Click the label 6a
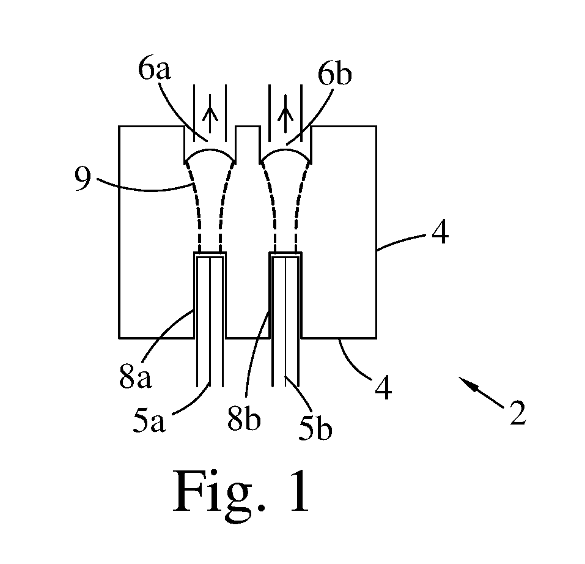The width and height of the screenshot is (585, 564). point(154,69)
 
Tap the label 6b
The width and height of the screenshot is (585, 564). point(334,74)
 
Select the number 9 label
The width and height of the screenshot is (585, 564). point(83,179)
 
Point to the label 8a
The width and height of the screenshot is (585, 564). point(136,377)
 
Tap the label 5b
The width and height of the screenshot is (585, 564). point(315,429)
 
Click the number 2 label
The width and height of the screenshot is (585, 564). point(518,413)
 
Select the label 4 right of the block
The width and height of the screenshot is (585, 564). point(440,233)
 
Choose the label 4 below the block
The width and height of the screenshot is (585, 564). point(383,388)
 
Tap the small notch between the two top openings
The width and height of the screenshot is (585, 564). point(248,127)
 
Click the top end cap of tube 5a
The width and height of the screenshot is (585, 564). point(210,254)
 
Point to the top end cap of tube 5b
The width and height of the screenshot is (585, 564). point(285,254)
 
